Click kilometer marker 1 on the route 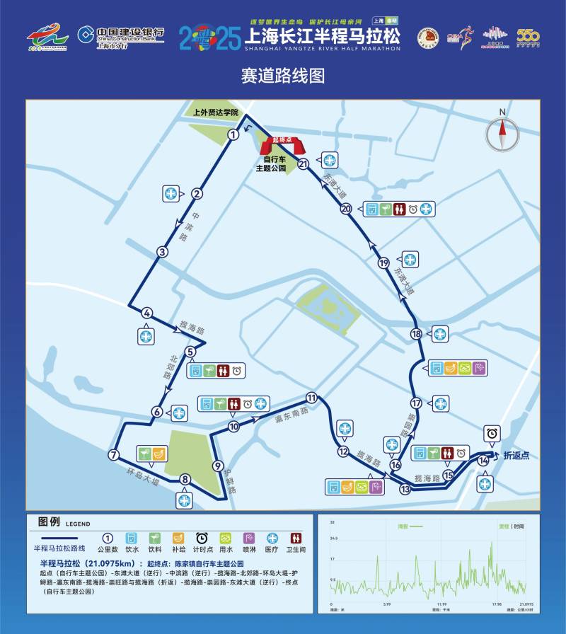pos(232,135)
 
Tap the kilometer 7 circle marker pos(112,455)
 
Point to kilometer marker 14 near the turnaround pos(484,461)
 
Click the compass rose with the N pos(502,132)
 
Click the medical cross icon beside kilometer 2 pos(171,193)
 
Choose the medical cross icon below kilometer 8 pos(185,500)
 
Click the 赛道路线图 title pos(283,76)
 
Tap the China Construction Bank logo pos(120,35)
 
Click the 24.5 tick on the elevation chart pos(332,538)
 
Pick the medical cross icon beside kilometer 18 pos(440,334)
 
